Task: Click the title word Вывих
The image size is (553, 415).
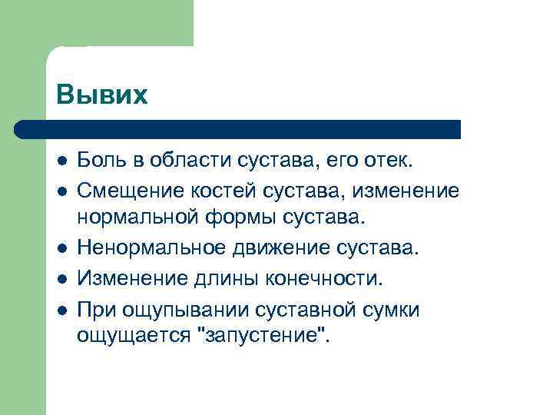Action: point(101,95)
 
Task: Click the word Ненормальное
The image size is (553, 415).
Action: point(141,248)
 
